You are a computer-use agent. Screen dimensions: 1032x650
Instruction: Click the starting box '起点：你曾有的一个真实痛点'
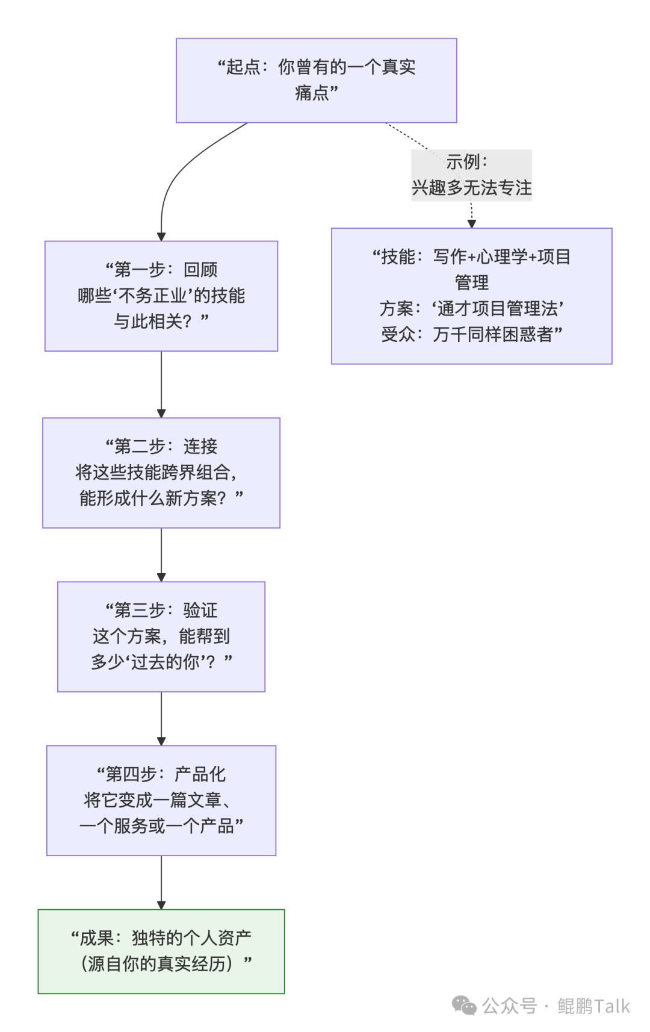coord(316,80)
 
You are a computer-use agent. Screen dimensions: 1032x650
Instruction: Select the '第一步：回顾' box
coord(161,296)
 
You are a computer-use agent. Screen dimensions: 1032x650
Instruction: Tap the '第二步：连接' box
coord(161,473)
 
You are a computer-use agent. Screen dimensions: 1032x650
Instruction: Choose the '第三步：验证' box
coord(161,636)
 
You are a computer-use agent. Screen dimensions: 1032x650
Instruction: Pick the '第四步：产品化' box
coord(161,800)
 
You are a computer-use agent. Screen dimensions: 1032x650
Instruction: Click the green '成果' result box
coord(161,951)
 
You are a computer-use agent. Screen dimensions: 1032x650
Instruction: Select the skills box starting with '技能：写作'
coord(471,296)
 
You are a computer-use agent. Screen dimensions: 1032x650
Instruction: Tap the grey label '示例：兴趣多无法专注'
coord(471,175)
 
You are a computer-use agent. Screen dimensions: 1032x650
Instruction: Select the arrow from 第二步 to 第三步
coord(161,554)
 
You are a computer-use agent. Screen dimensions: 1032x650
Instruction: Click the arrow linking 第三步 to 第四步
coord(161,718)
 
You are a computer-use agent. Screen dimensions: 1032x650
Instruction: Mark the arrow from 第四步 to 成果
coord(161,882)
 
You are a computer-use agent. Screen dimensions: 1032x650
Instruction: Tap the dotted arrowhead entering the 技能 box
coord(472,223)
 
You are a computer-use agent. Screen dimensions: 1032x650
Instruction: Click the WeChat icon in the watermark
coord(464,1005)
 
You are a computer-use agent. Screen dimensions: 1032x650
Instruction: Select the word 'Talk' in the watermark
coord(613,1006)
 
